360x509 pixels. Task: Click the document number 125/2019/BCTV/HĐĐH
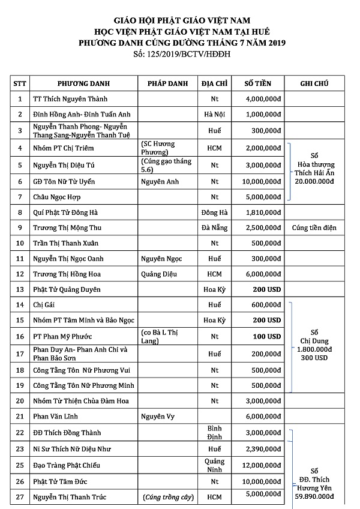(182, 55)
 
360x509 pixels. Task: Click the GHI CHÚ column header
(314, 83)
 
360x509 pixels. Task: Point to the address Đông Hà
(214, 212)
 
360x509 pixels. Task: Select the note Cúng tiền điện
(314, 227)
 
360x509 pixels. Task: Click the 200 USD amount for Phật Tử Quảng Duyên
(266, 289)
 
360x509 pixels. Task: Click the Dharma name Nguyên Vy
(155, 416)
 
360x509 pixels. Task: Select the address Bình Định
(214, 433)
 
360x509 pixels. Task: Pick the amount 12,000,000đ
(261, 465)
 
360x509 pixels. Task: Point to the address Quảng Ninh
(214, 465)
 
